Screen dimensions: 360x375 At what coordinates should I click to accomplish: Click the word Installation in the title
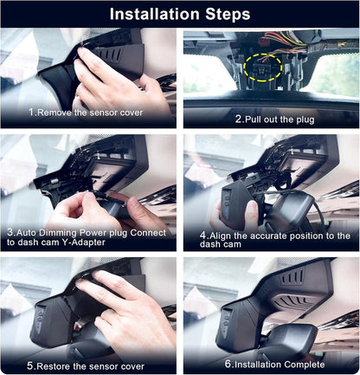click(x=154, y=14)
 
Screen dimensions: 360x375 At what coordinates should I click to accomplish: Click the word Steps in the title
click(x=228, y=15)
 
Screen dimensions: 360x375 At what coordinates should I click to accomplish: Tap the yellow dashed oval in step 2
click(x=262, y=68)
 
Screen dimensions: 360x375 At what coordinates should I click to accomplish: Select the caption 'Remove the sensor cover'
click(x=90, y=113)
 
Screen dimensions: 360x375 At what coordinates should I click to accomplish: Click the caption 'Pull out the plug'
click(x=280, y=120)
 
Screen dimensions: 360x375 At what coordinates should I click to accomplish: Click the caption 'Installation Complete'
click(x=280, y=365)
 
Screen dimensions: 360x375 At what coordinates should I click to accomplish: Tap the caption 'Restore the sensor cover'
click(x=91, y=366)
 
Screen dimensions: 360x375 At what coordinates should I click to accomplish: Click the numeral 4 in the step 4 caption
click(x=202, y=236)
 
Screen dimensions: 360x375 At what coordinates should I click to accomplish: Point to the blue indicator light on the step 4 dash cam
click(x=227, y=215)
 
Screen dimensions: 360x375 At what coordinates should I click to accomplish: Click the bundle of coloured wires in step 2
click(x=288, y=40)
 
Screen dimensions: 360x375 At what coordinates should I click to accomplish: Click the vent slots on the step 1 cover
click(x=111, y=55)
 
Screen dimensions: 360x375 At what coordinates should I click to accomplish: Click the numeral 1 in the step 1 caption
click(x=31, y=112)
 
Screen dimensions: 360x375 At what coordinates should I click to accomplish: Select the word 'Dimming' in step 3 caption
click(x=58, y=233)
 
